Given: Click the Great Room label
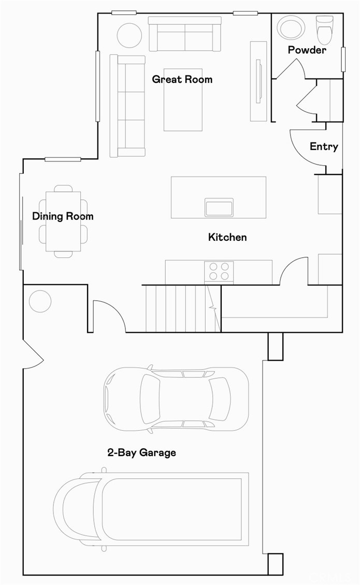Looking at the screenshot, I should click(x=182, y=79).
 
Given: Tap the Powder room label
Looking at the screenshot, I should click(x=307, y=50).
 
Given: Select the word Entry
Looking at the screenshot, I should click(x=324, y=147).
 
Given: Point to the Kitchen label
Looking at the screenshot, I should click(x=227, y=237).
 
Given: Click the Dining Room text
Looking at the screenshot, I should click(x=63, y=216).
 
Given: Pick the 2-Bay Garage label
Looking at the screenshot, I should click(x=141, y=452).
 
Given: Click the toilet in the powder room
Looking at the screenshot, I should click(x=324, y=30).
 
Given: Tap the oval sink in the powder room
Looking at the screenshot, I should click(x=292, y=27).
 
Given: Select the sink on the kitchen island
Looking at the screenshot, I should click(x=219, y=207).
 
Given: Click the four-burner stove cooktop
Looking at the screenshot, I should click(x=219, y=271).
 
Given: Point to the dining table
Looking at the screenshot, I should click(x=63, y=221).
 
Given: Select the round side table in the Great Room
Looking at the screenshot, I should click(x=129, y=35).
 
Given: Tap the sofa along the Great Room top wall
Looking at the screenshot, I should click(x=184, y=34).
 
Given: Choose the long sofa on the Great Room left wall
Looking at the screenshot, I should click(x=127, y=106).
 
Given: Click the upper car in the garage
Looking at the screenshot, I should click(x=176, y=399).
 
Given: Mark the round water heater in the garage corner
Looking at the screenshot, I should click(x=40, y=301).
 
